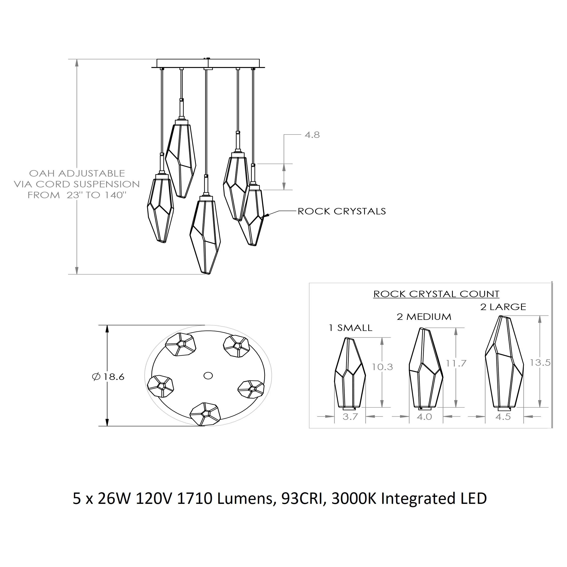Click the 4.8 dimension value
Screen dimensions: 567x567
[312, 135]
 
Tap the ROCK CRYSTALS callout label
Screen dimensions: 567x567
[341, 212]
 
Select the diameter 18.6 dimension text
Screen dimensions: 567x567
[108, 377]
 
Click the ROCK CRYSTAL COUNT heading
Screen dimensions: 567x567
[436, 294]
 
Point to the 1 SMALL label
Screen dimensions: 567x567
[351, 328]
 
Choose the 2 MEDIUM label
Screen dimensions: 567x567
[424, 317]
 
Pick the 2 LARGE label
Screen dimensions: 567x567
[503, 307]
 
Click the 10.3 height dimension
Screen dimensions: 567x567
[382, 367]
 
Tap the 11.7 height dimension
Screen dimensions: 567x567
[456, 363]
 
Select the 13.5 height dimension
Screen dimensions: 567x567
[540, 363]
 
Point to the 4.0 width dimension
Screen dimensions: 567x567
[424, 417]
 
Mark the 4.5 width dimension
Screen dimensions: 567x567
[503, 417]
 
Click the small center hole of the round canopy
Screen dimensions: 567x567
[208, 376]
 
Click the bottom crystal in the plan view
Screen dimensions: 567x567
[205, 414]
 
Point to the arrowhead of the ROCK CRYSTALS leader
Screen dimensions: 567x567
[265, 216]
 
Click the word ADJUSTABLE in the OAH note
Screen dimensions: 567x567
[91, 173]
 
